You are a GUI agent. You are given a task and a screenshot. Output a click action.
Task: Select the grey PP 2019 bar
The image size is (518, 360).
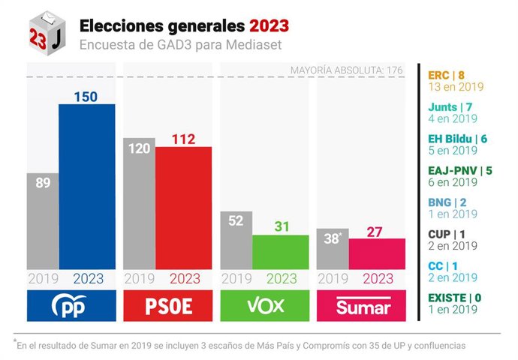pos(43,221)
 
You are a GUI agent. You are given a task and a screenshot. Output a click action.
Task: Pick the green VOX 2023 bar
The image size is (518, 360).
pos(280,252)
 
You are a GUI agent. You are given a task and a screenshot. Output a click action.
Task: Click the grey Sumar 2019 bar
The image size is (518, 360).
pos(333,249)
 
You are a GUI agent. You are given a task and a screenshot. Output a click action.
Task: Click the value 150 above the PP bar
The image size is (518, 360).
pos(87,96)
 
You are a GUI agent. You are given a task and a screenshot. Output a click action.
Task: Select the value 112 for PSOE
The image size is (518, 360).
pos(183,139)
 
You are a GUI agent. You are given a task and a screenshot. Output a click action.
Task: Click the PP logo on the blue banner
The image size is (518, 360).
pos(71,307)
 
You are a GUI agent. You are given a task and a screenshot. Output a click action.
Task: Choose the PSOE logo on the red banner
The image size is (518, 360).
pos(168,307)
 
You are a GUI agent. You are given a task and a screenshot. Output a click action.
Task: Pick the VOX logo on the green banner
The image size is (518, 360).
pos(265,307)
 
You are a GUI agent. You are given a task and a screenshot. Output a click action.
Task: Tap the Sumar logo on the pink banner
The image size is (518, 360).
pos(363,307)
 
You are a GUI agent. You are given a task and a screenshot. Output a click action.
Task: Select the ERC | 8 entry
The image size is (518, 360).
pos(445,75)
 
